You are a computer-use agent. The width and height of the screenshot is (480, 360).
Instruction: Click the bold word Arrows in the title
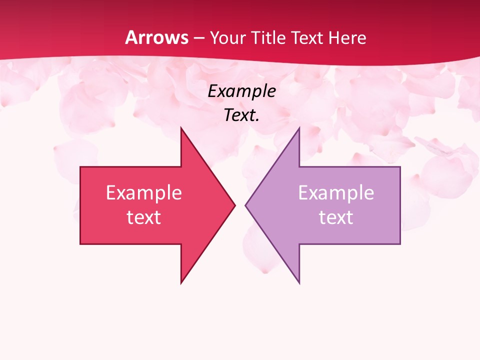pos(157,37)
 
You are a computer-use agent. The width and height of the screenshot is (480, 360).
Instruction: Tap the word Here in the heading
pos(348,37)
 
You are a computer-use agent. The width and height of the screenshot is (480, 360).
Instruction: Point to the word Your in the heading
pos(227,37)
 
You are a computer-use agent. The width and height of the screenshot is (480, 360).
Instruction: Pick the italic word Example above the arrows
pos(241,91)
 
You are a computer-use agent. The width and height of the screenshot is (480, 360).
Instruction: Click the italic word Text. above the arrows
pos(241,115)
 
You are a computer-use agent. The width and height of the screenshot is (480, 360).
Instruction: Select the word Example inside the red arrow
pos(143,192)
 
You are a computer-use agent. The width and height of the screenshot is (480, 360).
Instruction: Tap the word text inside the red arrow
pos(143,217)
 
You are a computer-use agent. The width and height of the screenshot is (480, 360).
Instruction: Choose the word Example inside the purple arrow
pos(336,192)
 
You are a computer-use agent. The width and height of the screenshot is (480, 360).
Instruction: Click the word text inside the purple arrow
pos(336,217)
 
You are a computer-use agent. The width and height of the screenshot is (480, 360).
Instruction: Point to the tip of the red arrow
pos(235,205)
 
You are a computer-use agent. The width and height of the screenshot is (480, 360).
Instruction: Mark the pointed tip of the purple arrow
pos(245,205)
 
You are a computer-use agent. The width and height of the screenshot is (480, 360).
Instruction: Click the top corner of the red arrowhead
pos(181,127)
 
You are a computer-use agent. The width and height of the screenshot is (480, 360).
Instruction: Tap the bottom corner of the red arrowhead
pos(181,283)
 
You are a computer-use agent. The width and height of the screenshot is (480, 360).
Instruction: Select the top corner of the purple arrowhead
pos(299,127)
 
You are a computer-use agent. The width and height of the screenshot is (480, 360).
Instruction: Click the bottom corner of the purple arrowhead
pos(299,283)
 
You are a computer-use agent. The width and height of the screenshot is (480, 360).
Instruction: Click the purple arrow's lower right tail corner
pos(400,244)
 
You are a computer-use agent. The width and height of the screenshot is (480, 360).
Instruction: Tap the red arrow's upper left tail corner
pos(80,167)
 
